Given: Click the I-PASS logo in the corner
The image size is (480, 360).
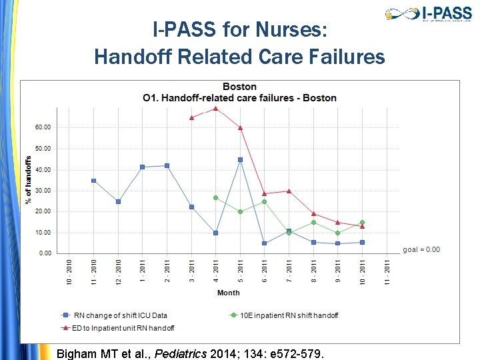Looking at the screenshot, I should point(428,14).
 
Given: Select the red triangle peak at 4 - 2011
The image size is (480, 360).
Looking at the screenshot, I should point(216,108).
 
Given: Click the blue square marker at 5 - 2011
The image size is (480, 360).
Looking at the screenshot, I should point(240,160).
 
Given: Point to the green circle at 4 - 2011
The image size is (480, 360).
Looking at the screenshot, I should point(216,198).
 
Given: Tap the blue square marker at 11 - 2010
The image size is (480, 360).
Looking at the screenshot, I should point(93,181).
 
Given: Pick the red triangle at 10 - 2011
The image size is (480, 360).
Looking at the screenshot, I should point(363,227).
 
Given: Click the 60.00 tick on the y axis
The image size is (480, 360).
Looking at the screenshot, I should point(43,127).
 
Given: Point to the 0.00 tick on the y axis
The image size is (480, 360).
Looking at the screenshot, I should point(45,253).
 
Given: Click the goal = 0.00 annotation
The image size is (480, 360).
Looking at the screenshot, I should point(421,250).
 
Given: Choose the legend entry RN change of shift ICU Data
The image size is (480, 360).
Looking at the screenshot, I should point(120,315).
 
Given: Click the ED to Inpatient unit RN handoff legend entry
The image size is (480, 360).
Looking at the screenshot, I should point(123,327).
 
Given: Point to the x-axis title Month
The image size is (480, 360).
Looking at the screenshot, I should point(228,293).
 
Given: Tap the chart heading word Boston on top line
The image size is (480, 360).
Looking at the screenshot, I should point(239,87).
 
